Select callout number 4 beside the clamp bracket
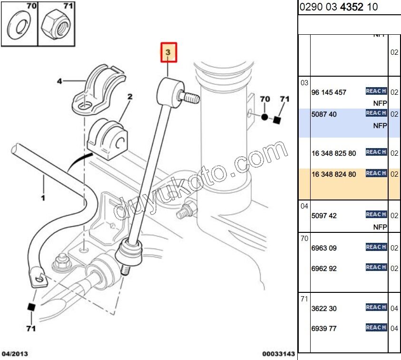tap(59, 81)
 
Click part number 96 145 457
tap(329, 92)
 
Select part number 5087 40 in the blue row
tap(324, 115)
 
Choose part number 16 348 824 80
tap(333, 174)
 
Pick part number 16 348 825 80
tap(333, 153)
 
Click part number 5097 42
tap(324, 216)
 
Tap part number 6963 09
tap(324, 248)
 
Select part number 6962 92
tap(324, 269)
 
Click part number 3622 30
tap(324, 309)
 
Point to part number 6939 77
tap(324, 329)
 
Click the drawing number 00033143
tap(278, 354)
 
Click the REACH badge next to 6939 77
tap(376, 328)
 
